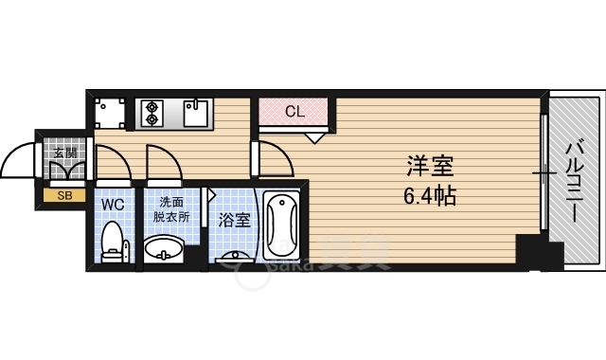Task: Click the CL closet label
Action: click(294, 111)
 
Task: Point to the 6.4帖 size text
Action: click(431, 196)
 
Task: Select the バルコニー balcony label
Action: click(574, 180)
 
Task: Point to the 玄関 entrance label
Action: click(64, 152)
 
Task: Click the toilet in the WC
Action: click(114, 242)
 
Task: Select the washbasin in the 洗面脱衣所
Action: click(165, 250)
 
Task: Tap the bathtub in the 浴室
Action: click(282, 227)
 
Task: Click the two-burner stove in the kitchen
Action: click(153, 114)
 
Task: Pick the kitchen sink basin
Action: click(196, 114)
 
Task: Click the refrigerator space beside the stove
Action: click(111, 115)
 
